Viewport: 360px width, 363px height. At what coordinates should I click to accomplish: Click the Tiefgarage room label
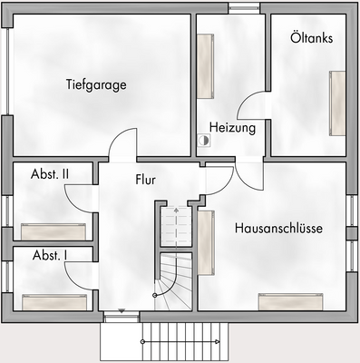click(x=95, y=85)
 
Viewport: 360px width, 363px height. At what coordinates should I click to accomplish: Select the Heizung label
click(x=232, y=128)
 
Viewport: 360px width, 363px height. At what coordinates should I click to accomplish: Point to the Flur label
click(x=145, y=180)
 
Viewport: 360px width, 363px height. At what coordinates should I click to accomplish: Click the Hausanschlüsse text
click(x=278, y=228)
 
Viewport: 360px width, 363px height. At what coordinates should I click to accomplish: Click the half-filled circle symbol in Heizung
click(x=206, y=142)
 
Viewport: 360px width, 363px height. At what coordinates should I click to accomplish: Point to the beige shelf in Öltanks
click(x=337, y=102)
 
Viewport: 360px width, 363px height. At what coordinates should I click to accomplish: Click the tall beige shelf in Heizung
click(x=206, y=65)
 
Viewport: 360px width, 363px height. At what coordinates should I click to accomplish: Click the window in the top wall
click(x=242, y=8)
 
